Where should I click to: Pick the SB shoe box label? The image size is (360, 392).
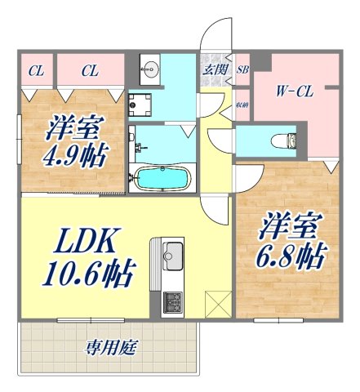tap(242, 70)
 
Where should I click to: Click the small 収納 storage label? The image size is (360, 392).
tap(242, 105)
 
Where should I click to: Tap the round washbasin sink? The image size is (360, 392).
tap(151, 69)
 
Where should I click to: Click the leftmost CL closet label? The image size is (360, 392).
tap(36, 71)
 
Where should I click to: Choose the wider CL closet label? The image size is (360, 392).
tap(90, 71)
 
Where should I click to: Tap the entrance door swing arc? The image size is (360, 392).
tap(213, 37)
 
